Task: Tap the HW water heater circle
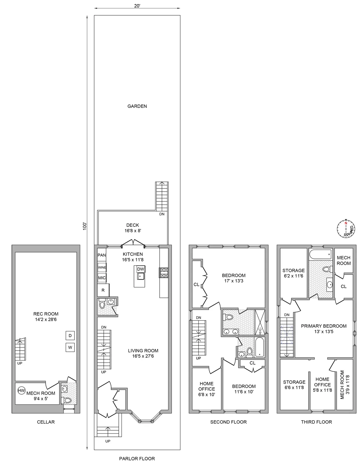click(x=21, y=391)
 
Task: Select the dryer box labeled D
click(x=70, y=335)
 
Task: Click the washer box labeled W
click(x=70, y=348)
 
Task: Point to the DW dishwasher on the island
click(x=140, y=269)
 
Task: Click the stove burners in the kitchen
click(x=164, y=272)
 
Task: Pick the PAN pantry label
click(x=102, y=255)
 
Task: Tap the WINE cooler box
click(x=102, y=267)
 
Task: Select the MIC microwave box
click(x=102, y=278)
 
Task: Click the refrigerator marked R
click(x=103, y=290)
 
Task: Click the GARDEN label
click(x=137, y=106)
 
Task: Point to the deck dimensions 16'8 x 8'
click(x=132, y=231)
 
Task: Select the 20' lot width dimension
click(x=137, y=6)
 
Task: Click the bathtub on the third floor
click(x=320, y=255)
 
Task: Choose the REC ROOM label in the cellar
click(x=46, y=314)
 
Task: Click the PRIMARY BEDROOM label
click(x=323, y=326)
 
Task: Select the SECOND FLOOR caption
click(x=228, y=422)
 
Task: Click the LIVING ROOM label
click(x=143, y=351)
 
